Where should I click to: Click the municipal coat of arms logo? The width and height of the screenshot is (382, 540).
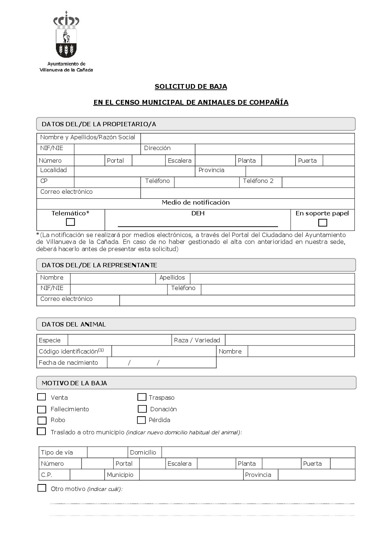pos(66,34)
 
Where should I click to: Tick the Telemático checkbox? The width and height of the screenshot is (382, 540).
pos(70,222)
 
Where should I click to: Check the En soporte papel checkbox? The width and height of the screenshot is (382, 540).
pos(323,223)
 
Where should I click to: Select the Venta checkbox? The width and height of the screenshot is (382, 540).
pos(42,397)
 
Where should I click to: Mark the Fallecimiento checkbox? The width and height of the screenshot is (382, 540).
pos(42,409)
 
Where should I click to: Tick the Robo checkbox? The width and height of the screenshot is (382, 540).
pos(42,420)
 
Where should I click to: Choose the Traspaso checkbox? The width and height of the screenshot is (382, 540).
pos(142,397)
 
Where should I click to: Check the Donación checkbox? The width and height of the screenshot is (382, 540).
pos(142,409)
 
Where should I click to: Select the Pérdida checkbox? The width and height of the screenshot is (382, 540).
pos(141,420)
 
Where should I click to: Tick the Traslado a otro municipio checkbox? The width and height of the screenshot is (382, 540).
pos(42,431)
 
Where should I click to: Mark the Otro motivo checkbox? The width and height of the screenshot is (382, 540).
pos(42,488)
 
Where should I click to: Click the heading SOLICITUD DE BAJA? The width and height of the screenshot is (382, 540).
pos(191,87)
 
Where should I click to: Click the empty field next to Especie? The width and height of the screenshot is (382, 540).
pos(120,340)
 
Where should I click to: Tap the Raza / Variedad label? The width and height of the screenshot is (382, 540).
pos(197,340)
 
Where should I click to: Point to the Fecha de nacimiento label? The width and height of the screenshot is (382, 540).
pos(69,363)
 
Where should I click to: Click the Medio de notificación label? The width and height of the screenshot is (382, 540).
pos(196,202)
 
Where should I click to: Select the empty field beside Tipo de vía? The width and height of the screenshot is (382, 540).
pos(107,452)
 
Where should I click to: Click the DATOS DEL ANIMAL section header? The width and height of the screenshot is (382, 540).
pos(74,324)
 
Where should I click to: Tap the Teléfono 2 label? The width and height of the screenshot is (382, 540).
pos(258,181)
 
